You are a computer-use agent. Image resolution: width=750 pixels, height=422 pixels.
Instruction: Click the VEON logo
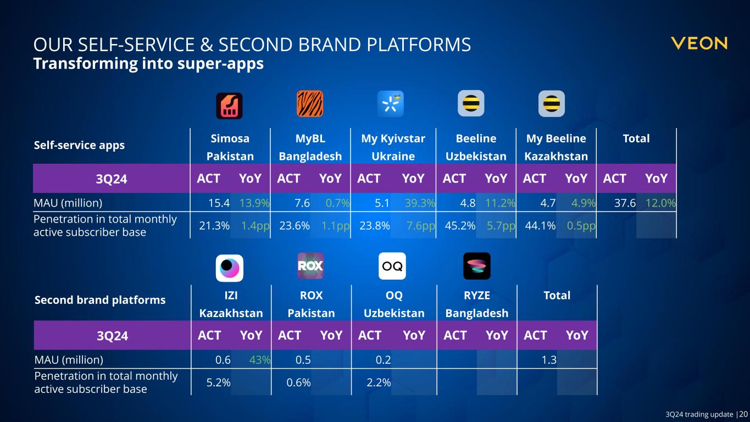(x=699, y=43)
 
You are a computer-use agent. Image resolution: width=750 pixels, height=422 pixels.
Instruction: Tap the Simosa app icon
(x=229, y=106)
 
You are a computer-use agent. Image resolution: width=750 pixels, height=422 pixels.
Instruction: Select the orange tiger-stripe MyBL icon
(x=310, y=104)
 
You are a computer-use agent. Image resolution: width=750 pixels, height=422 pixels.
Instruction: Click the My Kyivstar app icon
(x=391, y=104)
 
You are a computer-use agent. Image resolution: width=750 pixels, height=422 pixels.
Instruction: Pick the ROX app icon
(x=310, y=266)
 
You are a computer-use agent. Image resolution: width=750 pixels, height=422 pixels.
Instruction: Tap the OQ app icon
(x=392, y=266)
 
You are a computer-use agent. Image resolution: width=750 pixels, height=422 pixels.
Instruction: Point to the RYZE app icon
(x=477, y=266)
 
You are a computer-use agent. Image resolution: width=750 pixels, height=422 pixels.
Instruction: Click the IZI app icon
(x=229, y=268)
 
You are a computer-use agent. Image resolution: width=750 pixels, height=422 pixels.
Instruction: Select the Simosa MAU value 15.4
(x=219, y=203)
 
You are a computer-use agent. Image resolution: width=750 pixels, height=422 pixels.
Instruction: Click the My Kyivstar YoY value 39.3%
(x=420, y=203)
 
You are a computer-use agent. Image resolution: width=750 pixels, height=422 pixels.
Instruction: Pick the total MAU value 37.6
(x=625, y=203)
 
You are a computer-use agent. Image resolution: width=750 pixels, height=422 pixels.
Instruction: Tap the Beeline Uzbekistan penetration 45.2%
(x=460, y=226)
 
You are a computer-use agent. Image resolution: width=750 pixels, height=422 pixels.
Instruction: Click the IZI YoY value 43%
(x=260, y=360)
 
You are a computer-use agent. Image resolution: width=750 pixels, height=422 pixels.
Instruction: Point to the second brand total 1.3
(x=549, y=360)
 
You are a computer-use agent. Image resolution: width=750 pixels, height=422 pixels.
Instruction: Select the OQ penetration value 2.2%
(x=379, y=382)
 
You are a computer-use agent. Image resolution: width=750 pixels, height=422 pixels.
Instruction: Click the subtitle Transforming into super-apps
(x=148, y=64)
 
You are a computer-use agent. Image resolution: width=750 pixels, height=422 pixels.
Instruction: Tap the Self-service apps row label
(x=79, y=146)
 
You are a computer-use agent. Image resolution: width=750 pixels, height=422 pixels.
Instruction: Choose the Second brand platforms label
(x=100, y=300)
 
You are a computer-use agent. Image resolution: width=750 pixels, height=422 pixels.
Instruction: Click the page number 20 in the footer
(x=743, y=414)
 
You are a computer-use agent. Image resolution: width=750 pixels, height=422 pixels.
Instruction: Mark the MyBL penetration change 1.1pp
(x=336, y=226)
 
